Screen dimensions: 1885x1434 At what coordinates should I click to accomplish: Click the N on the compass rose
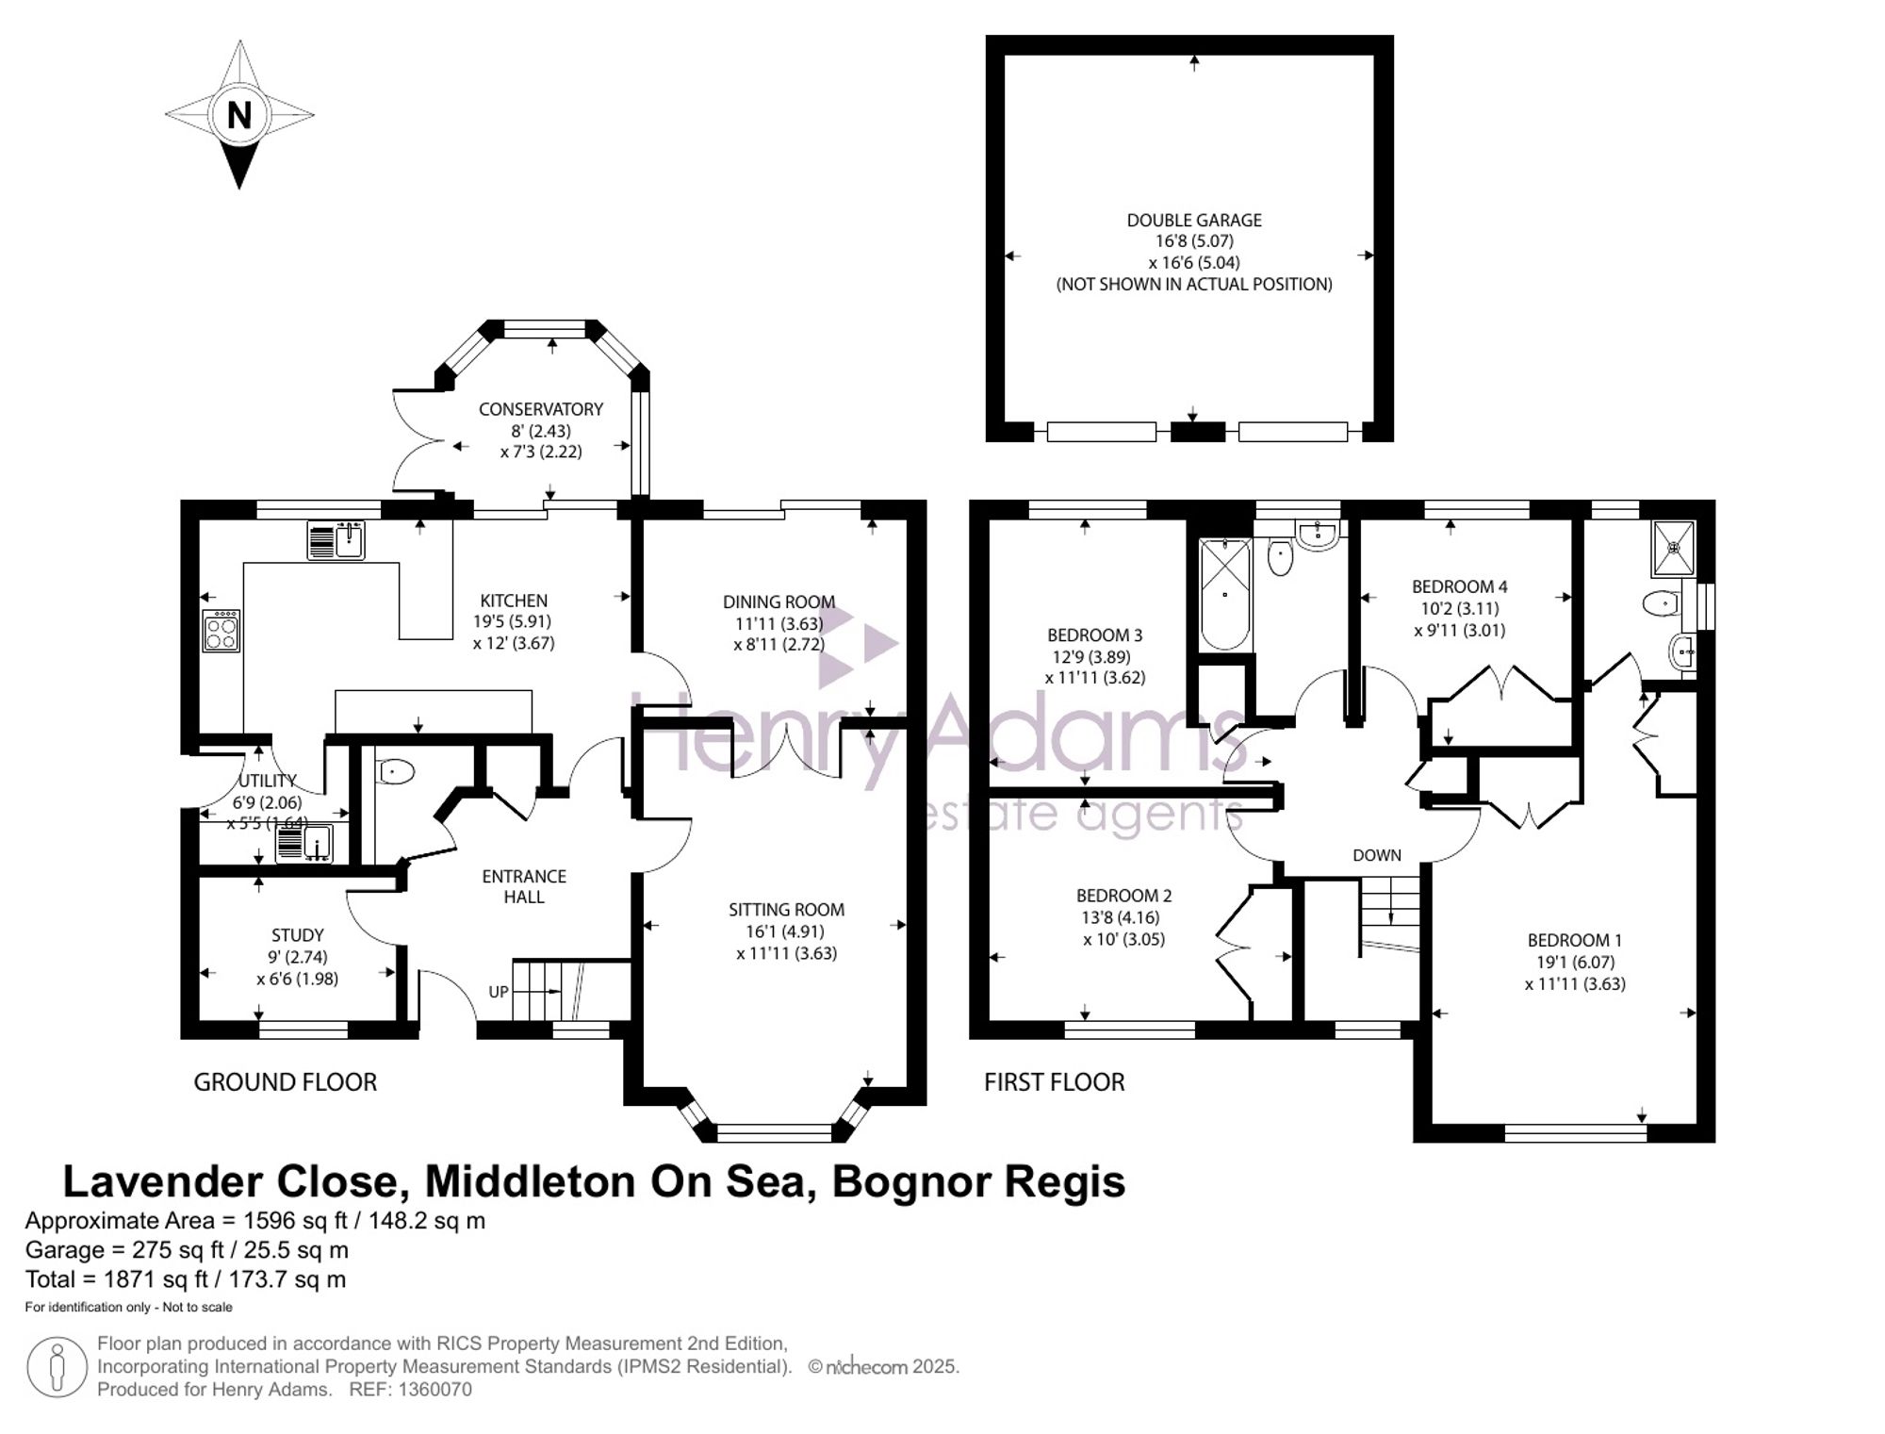(239, 115)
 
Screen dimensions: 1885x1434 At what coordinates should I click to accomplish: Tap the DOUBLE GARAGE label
(1194, 220)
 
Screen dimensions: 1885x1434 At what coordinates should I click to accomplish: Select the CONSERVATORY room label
(541, 409)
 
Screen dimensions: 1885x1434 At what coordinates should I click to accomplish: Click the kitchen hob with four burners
(221, 630)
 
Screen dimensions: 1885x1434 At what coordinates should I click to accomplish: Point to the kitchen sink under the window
(336, 540)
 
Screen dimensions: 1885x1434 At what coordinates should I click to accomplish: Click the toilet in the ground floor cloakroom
(395, 773)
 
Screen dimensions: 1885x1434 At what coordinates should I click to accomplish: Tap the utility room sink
(303, 842)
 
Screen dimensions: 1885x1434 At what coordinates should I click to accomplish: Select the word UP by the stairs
(499, 992)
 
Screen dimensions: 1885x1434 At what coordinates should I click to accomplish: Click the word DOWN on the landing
(1377, 855)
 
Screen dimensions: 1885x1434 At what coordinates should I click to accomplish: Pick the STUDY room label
(298, 935)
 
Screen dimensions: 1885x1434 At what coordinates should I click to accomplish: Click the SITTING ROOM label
(786, 910)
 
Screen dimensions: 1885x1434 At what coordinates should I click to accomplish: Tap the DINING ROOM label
(779, 602)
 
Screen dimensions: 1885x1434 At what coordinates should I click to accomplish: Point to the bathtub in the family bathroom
(1225, 594)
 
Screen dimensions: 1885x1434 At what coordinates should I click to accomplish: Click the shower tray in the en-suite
(1674, 548)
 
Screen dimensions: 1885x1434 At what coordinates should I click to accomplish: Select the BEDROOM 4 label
(1460, 586)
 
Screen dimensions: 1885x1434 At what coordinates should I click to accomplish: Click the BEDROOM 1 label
(1575, 940)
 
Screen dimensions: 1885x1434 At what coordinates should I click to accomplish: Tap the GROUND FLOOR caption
(286, 1082)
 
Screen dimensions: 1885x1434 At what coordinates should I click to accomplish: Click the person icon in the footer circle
(57, 1367)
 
